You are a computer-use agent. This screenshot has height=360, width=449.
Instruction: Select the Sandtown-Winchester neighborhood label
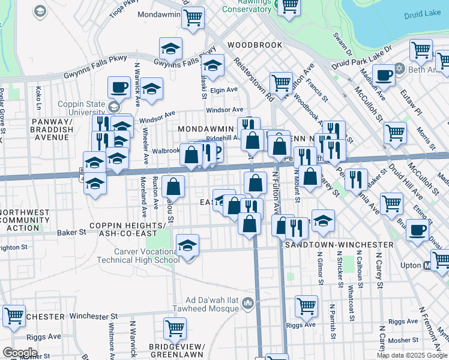click(x=339, y=245)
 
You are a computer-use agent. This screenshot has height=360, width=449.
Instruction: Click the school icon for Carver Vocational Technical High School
click(x=188, y=246)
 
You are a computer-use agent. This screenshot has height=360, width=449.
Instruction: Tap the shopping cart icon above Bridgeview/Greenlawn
click(x=175, y=328)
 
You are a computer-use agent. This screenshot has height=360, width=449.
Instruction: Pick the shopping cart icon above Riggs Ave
click(x=306, y=306)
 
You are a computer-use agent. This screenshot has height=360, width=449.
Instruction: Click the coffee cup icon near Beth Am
click(x=384, y=75)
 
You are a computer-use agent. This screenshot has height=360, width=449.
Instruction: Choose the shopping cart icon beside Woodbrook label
click(x=280, y=83)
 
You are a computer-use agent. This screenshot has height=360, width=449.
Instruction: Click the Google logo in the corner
click(x=19, y=353)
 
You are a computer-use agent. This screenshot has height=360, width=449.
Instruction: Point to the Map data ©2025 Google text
click(x=412, y=355)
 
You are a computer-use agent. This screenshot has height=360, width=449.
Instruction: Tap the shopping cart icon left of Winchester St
click(x=14, y=316)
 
